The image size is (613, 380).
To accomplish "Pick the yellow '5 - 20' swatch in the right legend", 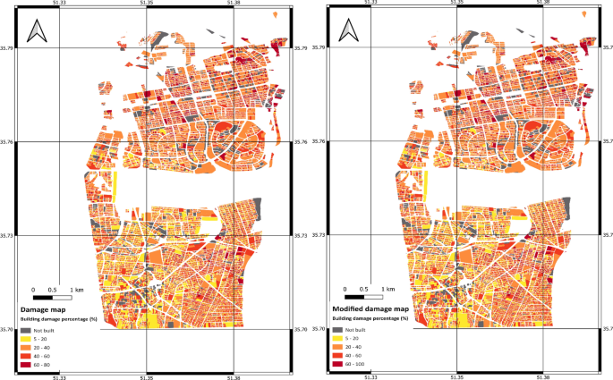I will click(x=338, y=339).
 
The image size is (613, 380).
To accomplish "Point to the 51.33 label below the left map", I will click(x=59, y=376).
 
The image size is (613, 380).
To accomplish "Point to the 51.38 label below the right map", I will click(x=543, y=376).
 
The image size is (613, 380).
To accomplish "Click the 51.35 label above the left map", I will click(x=147, y=3).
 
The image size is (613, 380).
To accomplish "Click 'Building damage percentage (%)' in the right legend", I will click(x=371, y=318).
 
